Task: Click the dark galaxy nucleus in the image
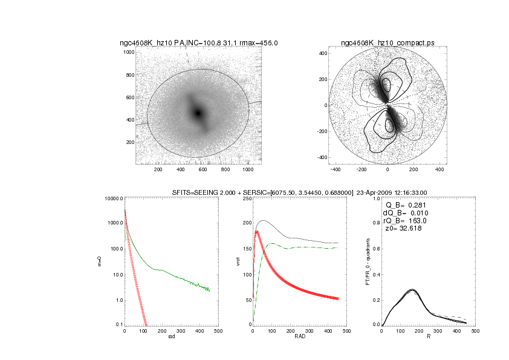click(197, 113)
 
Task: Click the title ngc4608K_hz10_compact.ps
click(387, 43)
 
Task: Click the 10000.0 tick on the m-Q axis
click(114, 198)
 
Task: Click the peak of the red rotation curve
click(256, 231)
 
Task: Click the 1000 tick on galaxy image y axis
click(128, 53)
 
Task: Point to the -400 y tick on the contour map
click(322, 157)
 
